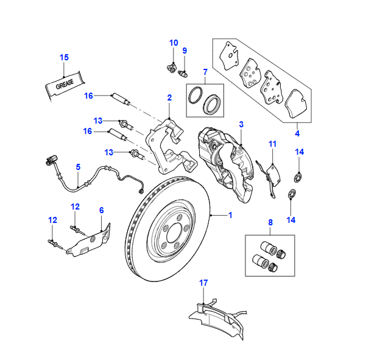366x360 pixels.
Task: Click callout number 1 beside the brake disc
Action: point(230,215)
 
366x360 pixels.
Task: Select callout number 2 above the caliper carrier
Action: point(169,97)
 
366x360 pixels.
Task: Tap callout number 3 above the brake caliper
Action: point(241,124)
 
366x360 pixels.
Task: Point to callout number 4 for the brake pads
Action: point(297,133)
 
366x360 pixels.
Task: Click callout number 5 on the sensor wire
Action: point(78,166)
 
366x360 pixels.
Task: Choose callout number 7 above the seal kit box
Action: point(205,72)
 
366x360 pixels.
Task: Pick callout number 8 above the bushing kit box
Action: point(270,224)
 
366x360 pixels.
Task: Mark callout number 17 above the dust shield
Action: point(203,283)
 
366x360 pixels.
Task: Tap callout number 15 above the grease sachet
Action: point(65,57)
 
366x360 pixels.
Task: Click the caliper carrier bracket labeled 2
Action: point(172,146)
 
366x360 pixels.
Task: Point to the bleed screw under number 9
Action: point(181,74)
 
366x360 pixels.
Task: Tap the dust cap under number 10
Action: point(171,67)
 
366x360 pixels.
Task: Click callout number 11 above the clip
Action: point(273,144)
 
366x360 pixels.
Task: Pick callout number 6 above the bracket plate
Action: point(102,210)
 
